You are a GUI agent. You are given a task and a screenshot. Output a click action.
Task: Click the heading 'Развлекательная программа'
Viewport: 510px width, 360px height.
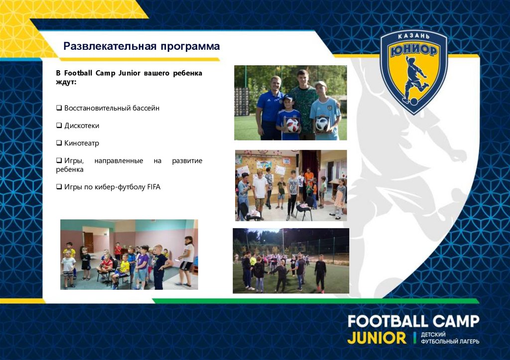pyautogui.click(x=141, y=47)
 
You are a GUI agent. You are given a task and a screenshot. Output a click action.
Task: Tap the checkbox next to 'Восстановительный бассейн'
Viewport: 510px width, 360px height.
pyautogui.click(x=59, y=108)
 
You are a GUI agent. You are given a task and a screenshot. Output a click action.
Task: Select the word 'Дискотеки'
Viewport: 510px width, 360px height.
pyautogui.click(x=82, y=125)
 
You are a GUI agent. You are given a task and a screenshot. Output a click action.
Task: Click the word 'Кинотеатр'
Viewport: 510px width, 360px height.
pyautogui.click(x=82, y=143)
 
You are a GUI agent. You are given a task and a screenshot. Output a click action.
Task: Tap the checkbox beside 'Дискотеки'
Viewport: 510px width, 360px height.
pyautogui.click(x=59, y=125)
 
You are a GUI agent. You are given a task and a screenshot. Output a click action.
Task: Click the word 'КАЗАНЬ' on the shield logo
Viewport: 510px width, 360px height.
pyautogui.click(x=413, y=38)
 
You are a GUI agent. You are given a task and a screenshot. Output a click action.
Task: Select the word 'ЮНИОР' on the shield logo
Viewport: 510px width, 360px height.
pyautogui.click(x=413, y=51)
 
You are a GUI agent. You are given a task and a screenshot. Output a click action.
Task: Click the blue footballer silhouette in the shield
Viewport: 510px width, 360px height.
pyautogui.click(x=415, y=80)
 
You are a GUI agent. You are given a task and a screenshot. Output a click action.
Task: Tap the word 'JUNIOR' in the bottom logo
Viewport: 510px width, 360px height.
pyautogui.click(x=377, y=338)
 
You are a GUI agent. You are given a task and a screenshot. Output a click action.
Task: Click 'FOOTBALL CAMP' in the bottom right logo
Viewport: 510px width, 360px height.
pyautogui.click(x=413, y=321)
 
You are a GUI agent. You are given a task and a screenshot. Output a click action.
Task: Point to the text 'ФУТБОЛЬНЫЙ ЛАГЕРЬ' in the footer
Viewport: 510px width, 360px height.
pyautogui.click(x=450, y=342)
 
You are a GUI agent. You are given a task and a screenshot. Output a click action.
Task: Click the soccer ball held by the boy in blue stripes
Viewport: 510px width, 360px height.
pyautogui.click(x=292, y=124)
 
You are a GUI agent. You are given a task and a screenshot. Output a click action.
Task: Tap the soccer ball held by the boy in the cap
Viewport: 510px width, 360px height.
pyautogui.click(x=322, y=124)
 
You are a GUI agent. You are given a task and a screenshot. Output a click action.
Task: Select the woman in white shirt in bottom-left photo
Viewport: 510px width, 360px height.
pyautogui.click(x=188, y=259)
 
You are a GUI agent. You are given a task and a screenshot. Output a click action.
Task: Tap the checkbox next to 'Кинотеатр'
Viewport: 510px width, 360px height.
pyautogui.click(x=59, y=143)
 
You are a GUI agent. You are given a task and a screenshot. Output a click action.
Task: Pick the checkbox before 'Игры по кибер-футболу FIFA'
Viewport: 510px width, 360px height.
pyautogui.click(x=59, y=187)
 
